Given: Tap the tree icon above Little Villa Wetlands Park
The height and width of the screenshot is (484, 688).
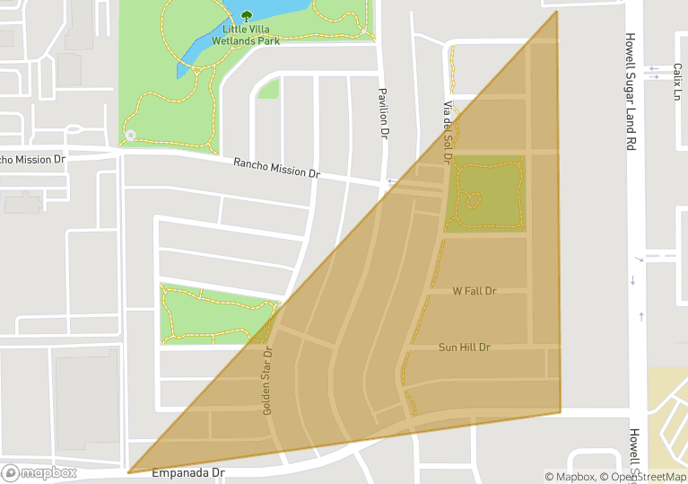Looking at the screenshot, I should pos(247,15).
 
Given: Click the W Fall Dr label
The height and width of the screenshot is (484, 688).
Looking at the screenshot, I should pos(475,291).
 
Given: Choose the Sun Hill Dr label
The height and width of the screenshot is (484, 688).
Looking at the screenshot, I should pos(465,348).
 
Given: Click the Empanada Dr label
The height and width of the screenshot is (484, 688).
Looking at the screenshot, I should pos(187,472).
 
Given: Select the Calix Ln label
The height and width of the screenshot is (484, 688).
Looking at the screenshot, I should pos(677,82).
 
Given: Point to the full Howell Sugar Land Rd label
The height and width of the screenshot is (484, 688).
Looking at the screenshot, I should pos(631,92).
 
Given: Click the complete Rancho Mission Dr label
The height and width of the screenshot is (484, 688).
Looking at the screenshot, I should pos(276,168).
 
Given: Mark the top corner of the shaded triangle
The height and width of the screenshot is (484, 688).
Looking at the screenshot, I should pos(556,12).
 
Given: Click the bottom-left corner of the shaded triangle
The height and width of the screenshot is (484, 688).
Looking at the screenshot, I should pos(129,471).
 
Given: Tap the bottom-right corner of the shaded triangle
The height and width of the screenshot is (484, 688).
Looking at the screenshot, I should pos(561,412).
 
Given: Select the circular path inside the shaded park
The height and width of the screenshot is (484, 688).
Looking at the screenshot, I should pos(472,200).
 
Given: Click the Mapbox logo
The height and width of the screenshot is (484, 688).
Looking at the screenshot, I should pos(39,472).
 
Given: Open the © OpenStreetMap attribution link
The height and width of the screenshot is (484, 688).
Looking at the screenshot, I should pos(643,477).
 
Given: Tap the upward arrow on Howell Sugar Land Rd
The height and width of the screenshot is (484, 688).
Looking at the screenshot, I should pos(642,315).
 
